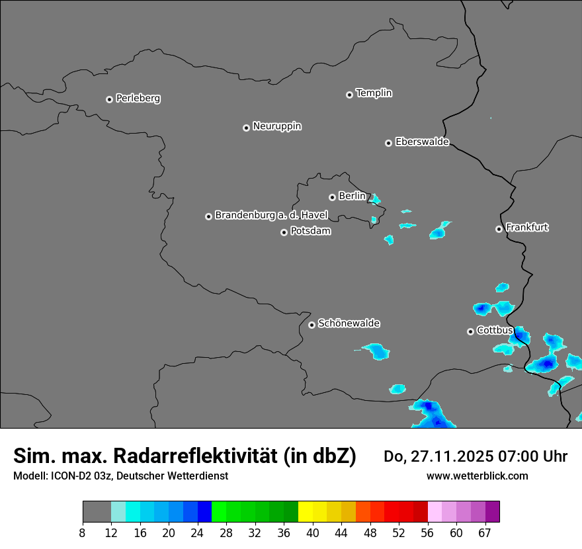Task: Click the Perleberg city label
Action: tap(138, 99)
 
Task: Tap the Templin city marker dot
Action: tap(349, 95)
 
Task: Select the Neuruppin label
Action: tap(276, 126)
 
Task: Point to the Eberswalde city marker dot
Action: tap(388, 143)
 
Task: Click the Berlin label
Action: tap(352, 196)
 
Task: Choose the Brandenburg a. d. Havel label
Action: tap(271, 216)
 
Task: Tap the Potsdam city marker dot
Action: tap(284, 232)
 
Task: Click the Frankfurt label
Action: tap(526, 228)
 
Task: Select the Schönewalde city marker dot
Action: tap(312, 325)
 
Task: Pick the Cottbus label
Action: tap(495, 331)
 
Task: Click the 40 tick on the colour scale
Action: tap(313, 532)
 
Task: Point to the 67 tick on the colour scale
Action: tap(485, 532)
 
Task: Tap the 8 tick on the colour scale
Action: tap(83, 532)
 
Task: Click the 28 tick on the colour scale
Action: tap(226, 532)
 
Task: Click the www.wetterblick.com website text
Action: tap(477, 476)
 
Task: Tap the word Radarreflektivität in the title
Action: tap(198, 456)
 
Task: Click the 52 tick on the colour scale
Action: tap(398, 532)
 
